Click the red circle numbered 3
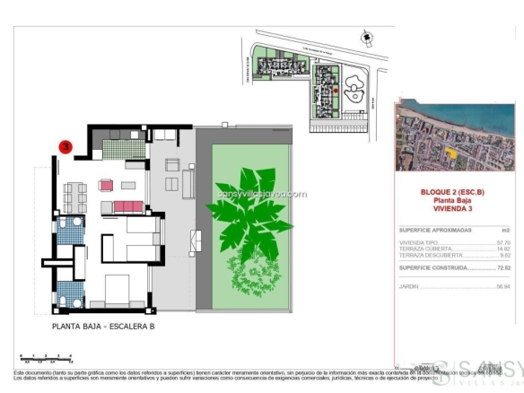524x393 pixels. pos(65,145)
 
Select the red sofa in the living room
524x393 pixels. pos(127,206)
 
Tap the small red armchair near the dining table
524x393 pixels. pos(106,186)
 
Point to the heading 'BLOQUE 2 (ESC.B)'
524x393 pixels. pos(452,192)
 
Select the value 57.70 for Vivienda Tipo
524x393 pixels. pos(502,242)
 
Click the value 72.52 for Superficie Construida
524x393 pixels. pos(502,267)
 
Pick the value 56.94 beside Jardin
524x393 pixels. pos(502,286)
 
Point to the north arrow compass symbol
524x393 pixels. pos(366,38)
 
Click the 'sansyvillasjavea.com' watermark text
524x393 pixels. pos(261,192)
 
